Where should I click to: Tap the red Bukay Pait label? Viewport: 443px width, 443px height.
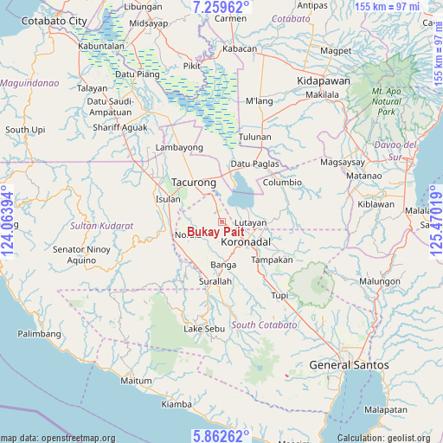[x=215, y=232]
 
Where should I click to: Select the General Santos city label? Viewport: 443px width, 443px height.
[x=349, y=366]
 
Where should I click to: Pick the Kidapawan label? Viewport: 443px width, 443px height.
[x=322, y=79]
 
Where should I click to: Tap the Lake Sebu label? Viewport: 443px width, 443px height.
[x=204, y=330]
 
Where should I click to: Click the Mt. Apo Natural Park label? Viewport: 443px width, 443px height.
[x=388, y=101]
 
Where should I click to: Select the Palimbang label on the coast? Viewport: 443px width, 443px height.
[x=40, y=333]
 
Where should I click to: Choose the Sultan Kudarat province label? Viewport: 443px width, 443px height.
[x=102, y=226]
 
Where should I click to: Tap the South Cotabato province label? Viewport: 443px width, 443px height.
[x=264, y=325]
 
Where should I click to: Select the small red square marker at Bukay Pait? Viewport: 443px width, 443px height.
[x=221, y=221]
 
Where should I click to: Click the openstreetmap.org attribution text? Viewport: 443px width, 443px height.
[x=57, y=438]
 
